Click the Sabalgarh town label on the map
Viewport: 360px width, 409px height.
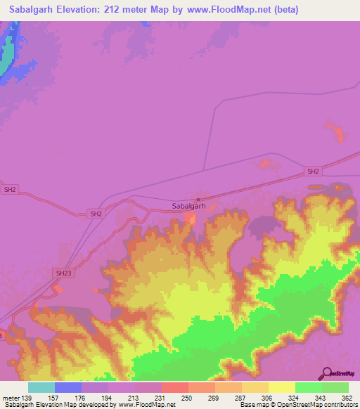tap(188, 207)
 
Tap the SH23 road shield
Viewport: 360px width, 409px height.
tap(63, 273)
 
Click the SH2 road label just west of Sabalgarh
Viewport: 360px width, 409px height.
tap(96, 214)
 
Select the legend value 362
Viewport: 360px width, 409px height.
tap(347, 398)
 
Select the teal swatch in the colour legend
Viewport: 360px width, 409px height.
tap(41, 387)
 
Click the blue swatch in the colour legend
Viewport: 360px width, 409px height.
tap(68, 387)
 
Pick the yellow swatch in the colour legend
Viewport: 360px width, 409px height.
tap(281, 387)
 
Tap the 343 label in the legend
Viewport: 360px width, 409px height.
tap(321, 398)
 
